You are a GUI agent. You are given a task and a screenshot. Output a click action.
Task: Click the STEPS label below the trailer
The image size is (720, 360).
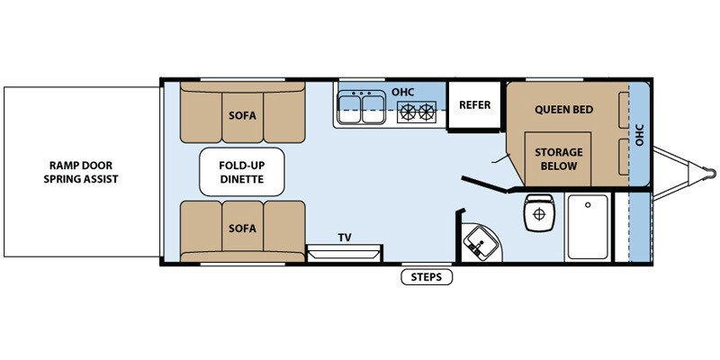427,277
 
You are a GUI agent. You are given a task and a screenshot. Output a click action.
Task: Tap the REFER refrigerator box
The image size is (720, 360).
474,105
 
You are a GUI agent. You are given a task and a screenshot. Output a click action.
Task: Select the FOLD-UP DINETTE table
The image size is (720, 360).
241,172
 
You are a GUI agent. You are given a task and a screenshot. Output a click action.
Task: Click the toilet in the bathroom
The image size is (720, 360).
539,211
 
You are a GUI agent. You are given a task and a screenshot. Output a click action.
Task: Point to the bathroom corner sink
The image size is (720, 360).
481,242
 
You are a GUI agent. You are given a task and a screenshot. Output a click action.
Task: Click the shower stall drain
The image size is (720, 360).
588,205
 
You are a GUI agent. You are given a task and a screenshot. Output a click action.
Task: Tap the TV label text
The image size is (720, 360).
345,238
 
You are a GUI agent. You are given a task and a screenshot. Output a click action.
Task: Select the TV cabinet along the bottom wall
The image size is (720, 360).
344,254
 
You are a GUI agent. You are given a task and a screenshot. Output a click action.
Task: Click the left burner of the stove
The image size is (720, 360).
408,112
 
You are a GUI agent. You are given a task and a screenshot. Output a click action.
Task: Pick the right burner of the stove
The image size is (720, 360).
427,112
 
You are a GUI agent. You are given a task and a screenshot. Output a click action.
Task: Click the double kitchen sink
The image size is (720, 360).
361,107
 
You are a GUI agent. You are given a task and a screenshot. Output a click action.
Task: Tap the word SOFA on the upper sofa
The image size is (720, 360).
242,116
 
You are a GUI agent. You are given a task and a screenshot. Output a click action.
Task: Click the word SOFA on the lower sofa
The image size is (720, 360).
242,229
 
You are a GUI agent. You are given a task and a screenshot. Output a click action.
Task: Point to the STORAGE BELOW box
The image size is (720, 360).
558,158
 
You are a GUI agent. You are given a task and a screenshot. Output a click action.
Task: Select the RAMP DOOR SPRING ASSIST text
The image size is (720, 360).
81,172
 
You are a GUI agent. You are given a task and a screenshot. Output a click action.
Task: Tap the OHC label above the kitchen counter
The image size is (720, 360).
402,92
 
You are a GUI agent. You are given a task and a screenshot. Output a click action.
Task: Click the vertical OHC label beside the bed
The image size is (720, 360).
640,135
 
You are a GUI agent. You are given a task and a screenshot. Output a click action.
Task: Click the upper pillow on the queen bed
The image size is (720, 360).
624,110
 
